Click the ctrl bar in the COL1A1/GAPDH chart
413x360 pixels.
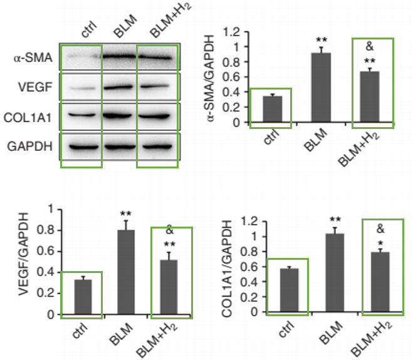pos(288,290)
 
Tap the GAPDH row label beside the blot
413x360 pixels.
pos(31,147)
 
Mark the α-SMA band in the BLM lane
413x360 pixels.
pos(119,58)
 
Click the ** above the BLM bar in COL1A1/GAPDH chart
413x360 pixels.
pos(335,219)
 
